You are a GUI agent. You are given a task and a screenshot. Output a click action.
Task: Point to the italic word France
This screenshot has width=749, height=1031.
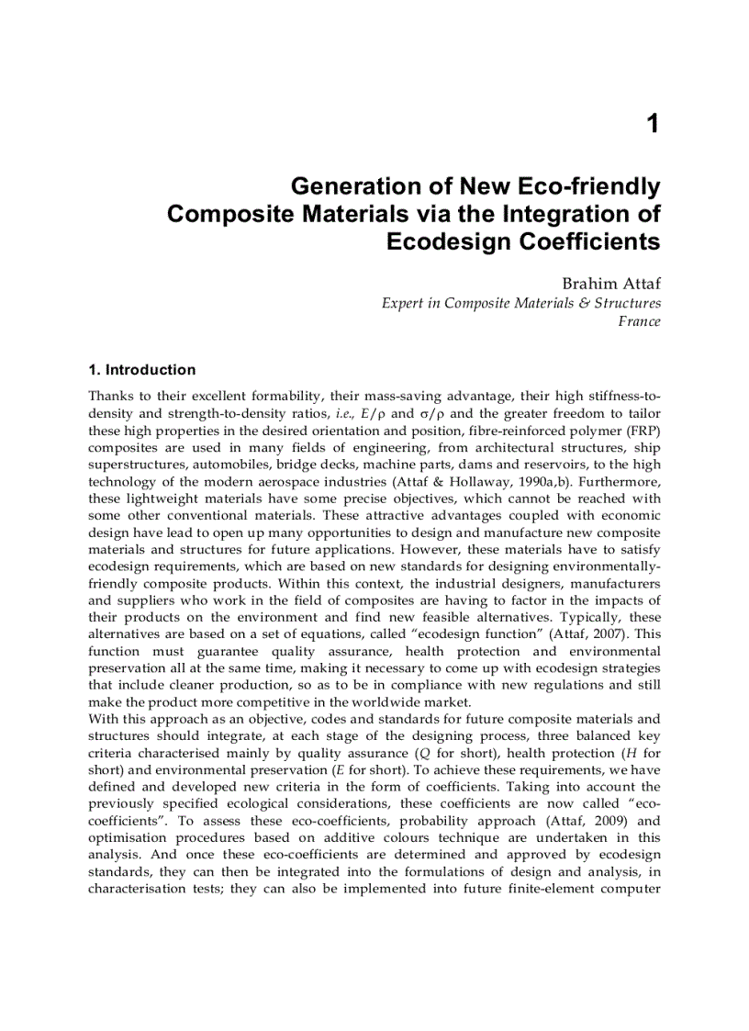click(x=639, y=321)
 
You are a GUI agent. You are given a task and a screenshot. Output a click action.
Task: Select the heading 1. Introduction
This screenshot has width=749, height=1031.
click(x=141, y=370)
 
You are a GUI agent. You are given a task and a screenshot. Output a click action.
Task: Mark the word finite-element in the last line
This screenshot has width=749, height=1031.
click(x=547, y=889)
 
